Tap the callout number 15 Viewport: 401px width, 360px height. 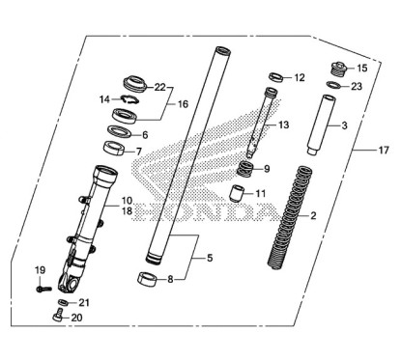tap(363, 69)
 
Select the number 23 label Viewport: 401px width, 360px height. tap(358, 86)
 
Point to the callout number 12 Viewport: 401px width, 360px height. tap(299, 77)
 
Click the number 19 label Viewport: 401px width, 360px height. tap(41, 268)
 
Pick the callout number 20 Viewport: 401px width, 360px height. tap(77, 318)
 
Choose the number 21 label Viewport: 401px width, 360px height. tap(83, 302)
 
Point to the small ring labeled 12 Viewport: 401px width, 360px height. tap(274, 76)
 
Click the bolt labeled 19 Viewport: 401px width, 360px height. tap(41, 287)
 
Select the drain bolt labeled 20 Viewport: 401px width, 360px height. tap(59, 314)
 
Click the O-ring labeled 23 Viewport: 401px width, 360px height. tap(332, 86)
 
